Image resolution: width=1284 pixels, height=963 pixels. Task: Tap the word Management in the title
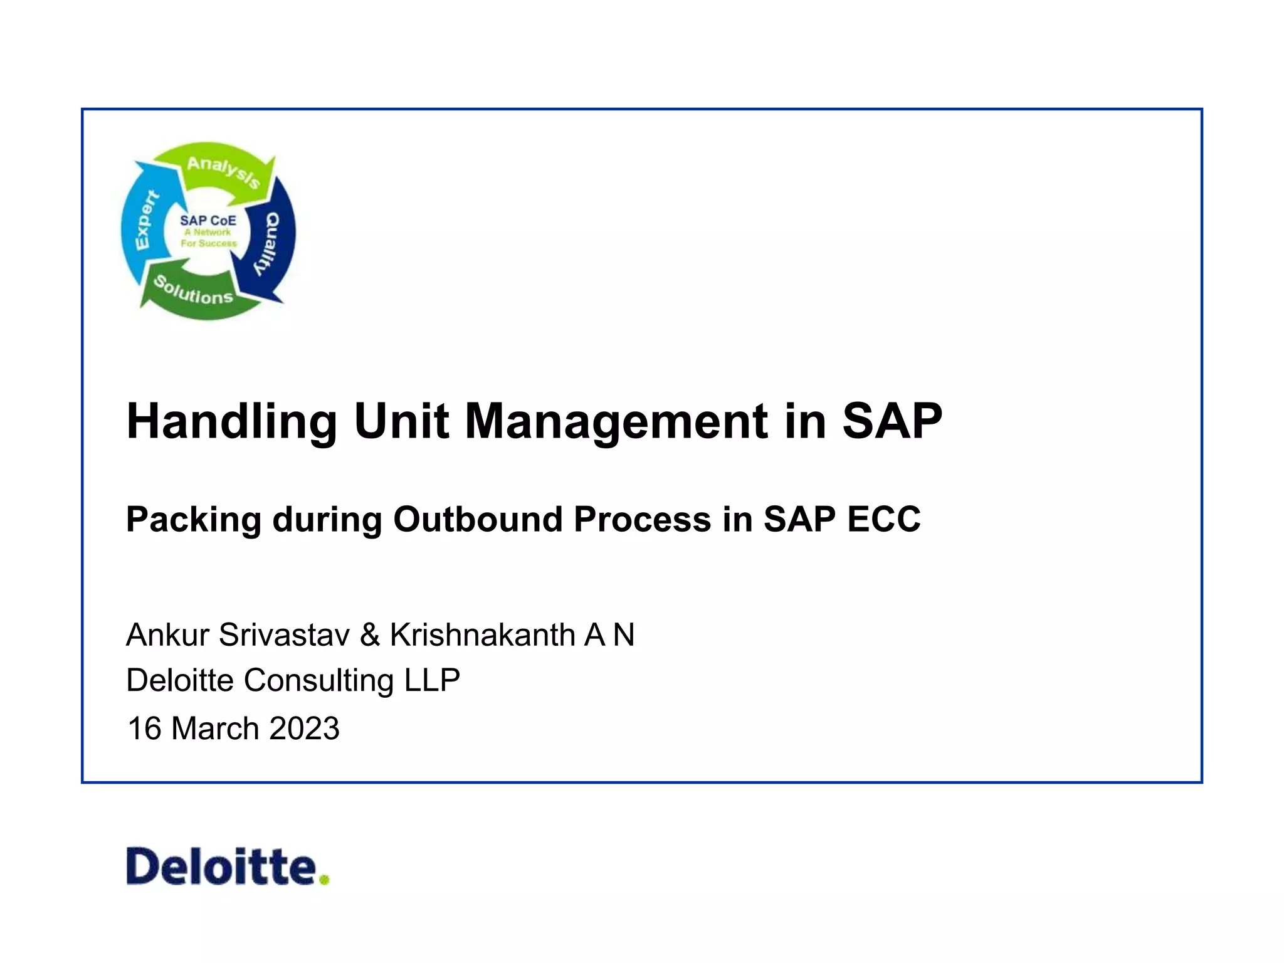click(616, 422)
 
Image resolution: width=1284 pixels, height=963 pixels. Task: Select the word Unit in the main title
click(401, 421)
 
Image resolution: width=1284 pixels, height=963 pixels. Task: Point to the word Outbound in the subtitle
click(478, 519)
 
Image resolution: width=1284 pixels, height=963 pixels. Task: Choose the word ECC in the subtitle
click(884, 519)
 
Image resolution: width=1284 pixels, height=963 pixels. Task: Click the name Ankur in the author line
click(167, 634)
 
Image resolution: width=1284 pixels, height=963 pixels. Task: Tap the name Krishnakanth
click(482, 634)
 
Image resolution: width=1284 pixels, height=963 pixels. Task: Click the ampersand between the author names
click(370, 634)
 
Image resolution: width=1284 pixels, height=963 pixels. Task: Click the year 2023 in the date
click(304, 729)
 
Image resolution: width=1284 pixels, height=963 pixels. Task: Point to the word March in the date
click(215, 729)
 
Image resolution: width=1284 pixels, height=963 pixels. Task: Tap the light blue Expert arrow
click(144, 219)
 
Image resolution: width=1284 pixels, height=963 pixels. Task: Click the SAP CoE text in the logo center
click(208, 221)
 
